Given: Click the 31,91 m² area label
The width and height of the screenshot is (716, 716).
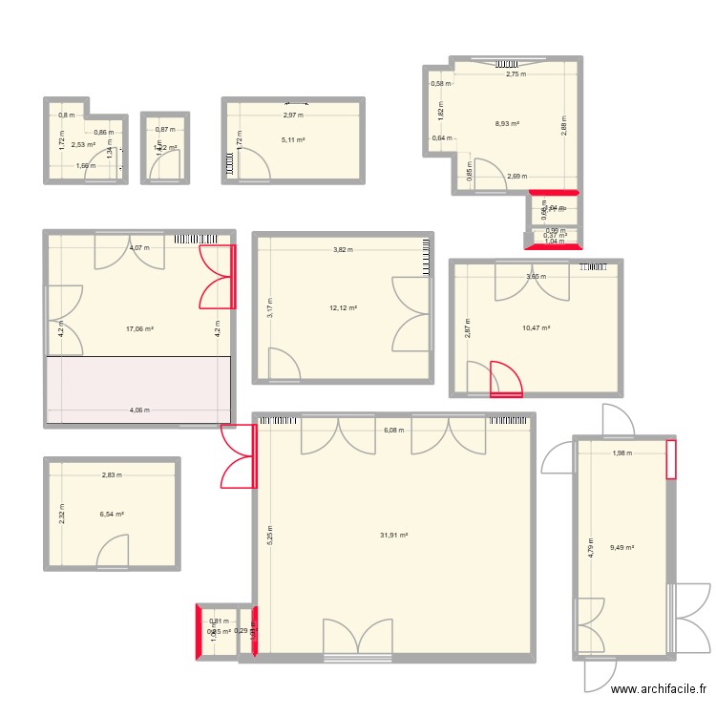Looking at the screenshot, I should pos(393,536).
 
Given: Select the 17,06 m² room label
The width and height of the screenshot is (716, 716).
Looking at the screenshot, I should pos(139,328).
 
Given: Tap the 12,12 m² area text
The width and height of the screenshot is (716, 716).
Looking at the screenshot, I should pos(343,308).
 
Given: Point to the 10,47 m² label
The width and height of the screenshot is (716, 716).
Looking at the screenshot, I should pos(537,328).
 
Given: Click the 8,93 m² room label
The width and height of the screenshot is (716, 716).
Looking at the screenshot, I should pos(507,123).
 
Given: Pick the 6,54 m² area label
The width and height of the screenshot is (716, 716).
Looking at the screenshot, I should pos(112,514).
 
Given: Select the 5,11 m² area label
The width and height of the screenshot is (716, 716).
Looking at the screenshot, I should pos(293,140).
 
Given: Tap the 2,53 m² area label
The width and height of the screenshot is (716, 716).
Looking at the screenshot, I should pos(71,145).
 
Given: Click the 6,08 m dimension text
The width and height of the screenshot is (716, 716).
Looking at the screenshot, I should pos(394,430).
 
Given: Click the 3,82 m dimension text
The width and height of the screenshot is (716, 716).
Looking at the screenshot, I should pos(343,250).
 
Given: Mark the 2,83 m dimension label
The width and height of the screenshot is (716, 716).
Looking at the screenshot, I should pos(112,474).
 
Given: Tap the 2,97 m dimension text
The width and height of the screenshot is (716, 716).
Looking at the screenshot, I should pos(293,116).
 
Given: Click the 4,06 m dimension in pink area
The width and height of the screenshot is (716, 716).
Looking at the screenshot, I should pos(139,411).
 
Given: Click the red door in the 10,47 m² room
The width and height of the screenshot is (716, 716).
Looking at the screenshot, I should pos(505,377).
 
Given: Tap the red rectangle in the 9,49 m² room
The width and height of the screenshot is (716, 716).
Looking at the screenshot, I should pos(671,458).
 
